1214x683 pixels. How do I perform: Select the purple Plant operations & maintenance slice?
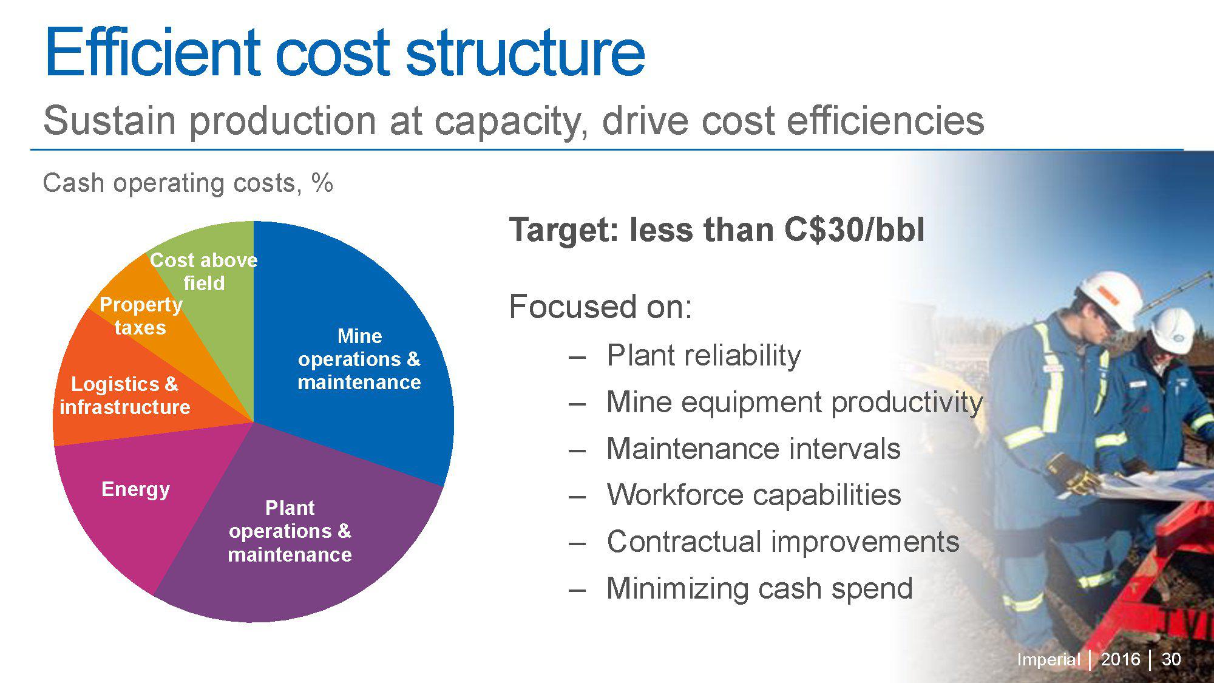click(x=290, y=531)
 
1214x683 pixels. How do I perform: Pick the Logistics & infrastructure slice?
click(x=125, y=395)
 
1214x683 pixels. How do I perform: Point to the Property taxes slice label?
click(x=141, y=316)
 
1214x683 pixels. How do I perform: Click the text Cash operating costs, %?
click(x=188, y=183)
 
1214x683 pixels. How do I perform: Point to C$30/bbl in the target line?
click(x=853, y=230)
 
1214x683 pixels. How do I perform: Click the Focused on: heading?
click(x=600, y=307)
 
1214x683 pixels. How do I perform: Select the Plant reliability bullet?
click(x=704, y=355)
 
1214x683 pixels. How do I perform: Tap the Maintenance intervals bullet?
click(x=753, y=449)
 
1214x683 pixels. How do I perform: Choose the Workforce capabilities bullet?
click(x=753, y=495)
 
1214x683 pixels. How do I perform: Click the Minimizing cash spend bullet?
click(x=759, y=588)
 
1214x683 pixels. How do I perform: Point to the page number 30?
click(x=1171, y=659)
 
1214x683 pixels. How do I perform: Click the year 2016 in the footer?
click(x=1120, y=659)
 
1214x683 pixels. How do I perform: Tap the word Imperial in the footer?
click(x=1048, y=659)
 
